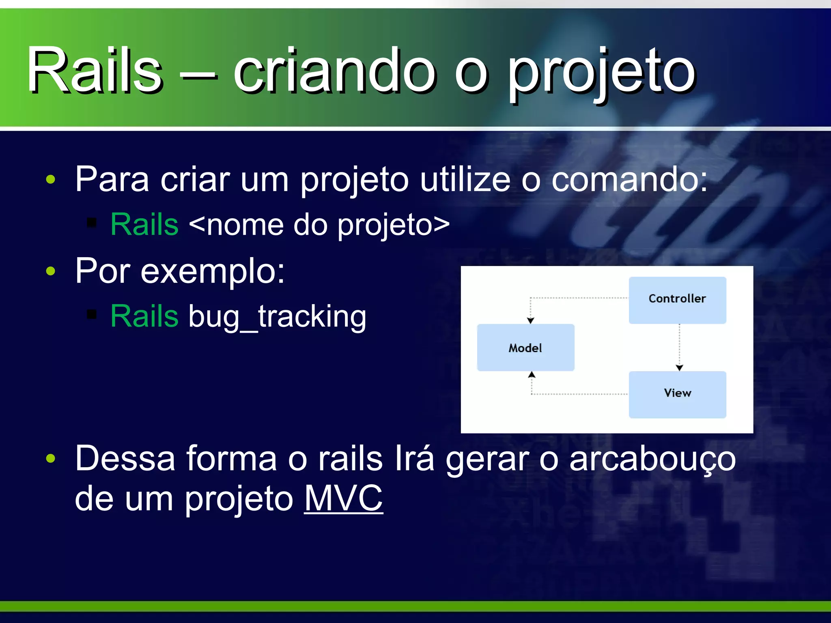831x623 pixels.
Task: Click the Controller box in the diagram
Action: [677, 300]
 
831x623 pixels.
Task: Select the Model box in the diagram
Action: [525, 348]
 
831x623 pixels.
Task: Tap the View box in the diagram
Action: [677, 394]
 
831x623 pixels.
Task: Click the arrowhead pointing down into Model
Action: [530, 320]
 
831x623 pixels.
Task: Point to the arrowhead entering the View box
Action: [679, 367]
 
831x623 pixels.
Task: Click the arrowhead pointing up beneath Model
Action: [532, 375]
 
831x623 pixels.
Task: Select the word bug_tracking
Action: [278, 316]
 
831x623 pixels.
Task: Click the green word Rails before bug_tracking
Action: [144, 316]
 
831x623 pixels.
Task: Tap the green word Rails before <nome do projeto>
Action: [144, 224]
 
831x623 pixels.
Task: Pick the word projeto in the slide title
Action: [601, 73]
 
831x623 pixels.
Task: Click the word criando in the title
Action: [335, 71]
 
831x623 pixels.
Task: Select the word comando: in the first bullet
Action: [629, 179]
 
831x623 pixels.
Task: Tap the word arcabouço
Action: [652, 459]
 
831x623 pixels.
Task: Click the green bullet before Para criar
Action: [50, 179]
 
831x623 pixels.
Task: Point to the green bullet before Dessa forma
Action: [50, 459]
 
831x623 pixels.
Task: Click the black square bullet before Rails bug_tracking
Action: [92, 314]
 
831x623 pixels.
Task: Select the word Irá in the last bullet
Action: [414, 458]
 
